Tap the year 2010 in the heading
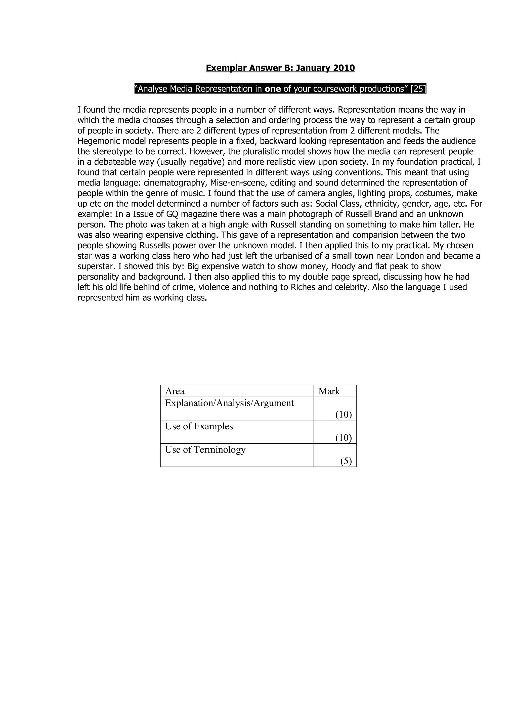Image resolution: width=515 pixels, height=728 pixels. click(x=344, y=68)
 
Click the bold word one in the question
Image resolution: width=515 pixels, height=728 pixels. click(x=273, y=89)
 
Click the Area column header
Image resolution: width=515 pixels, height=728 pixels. click(x=175, y=391)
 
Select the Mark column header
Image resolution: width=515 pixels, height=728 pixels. click(x=329, y=391)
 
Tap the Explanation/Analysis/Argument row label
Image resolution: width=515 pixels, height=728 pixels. click(x=229, y=403)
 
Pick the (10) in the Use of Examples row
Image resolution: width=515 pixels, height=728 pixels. click(x=344, y=438)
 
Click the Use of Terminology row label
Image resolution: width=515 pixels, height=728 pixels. click(x=205, y=450)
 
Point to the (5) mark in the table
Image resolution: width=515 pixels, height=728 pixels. click(x=346, y=461)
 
